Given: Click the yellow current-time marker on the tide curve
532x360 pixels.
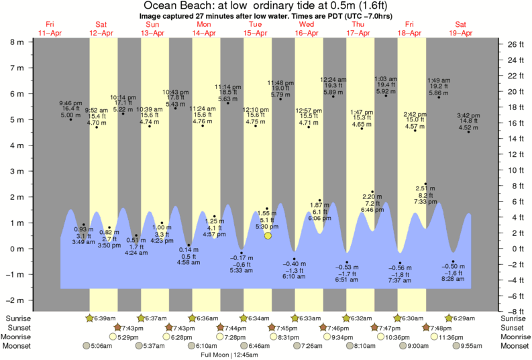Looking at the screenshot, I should coord(268,235).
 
